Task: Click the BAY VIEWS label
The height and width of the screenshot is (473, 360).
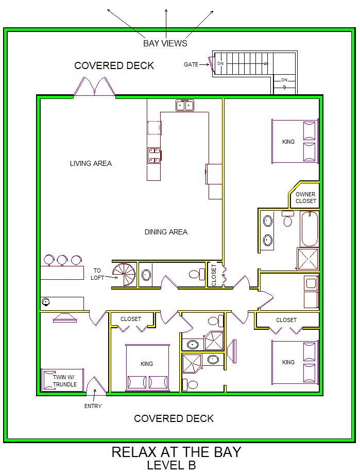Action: click(x=165, y=43)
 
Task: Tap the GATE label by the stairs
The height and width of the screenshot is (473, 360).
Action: click(x=191, y=64)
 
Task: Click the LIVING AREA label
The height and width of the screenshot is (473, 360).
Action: click(x=91, y=163)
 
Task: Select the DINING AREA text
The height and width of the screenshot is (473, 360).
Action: click(x=166, y=232)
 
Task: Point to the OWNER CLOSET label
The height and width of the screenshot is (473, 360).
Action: click(x=306, y=197)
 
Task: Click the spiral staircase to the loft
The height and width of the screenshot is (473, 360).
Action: click(x=126, y=275)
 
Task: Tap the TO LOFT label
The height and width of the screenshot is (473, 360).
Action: click(x=97, y=274)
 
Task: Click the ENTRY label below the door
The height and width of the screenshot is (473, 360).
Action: click(x=93, y=406)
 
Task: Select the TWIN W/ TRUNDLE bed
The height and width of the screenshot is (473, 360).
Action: click(x=62, y=380)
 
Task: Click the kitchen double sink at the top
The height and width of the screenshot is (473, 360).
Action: click(x=185, y=105)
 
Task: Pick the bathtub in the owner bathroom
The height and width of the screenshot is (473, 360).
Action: click(x=310, y=229)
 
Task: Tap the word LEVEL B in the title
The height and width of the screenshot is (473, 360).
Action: click(x=172, y=465)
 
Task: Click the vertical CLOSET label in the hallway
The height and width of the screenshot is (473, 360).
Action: click(x=214, y=275)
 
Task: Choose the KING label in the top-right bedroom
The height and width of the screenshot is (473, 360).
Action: click(x=288, y=142)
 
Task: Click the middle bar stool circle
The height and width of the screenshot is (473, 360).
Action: click(x=62, y=260)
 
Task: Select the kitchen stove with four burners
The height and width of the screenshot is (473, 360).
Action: click(x=154, y=156)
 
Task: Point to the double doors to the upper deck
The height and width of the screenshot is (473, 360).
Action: click(x=95, y=87)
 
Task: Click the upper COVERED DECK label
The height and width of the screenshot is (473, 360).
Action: click(x=114, y=65)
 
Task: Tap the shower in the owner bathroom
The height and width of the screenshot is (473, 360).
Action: click(x=308, y=259)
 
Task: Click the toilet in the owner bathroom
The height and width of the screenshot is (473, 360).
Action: click(x=288, y=218)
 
